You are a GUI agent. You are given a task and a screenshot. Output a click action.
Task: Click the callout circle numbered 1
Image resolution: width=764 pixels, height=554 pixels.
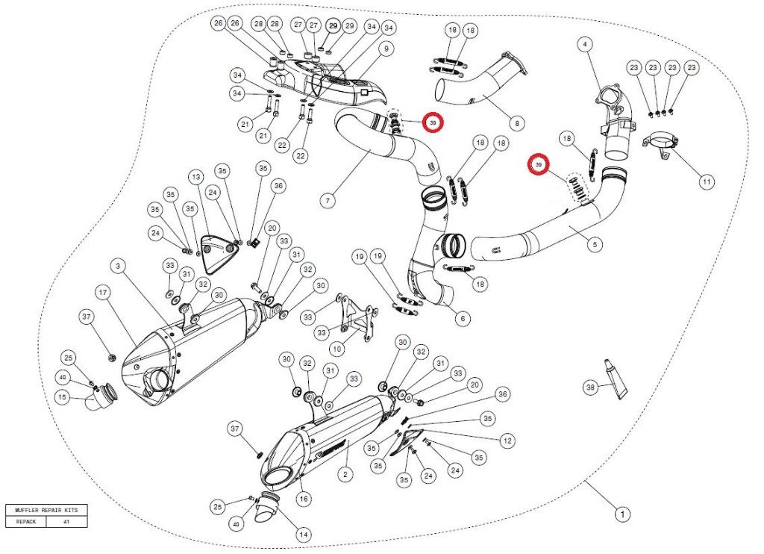620,514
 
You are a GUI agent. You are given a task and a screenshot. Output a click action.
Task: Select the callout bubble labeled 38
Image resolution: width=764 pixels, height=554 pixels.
590,387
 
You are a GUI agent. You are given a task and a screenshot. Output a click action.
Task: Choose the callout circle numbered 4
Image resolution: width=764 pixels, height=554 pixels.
586,45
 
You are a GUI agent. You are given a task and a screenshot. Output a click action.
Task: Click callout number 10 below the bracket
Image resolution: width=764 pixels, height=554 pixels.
336,346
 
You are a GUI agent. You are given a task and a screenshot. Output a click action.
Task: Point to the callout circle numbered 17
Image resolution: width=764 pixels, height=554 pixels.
103,290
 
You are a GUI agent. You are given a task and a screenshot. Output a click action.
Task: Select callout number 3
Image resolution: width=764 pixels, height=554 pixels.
118,265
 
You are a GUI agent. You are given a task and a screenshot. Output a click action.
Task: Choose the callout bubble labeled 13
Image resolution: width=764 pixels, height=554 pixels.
196,177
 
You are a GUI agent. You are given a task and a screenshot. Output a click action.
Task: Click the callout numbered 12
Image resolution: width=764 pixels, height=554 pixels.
507,441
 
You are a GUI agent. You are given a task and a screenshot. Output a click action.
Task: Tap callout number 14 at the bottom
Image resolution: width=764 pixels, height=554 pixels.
303,535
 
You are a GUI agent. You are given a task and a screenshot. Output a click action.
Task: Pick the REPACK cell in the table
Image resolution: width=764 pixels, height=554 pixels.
25,522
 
